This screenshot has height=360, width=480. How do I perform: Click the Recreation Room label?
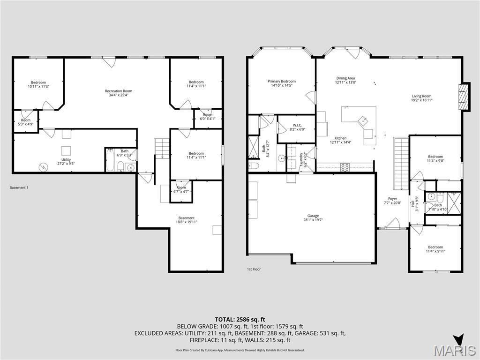pyautogui.click(x=119, y=91)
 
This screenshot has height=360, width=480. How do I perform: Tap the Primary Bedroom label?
pyautogui.click(x=281, y=81)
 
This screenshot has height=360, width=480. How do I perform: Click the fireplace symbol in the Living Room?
pyautogui.click(x=464, y=97)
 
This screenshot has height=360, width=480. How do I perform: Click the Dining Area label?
pyautogui.click(x=345, y=78)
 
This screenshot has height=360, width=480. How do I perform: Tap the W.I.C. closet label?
pyautogui.click(x=297, y=125)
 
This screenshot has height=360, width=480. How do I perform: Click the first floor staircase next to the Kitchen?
pyautogui.click(x=401, y=155)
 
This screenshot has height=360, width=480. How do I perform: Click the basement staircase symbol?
pyautogui.click(x=161, y=148)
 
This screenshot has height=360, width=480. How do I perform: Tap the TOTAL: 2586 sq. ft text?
pyautogui.click(x=240, y=319)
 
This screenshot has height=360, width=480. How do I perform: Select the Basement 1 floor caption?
pyautogui.click(x=19, y=187)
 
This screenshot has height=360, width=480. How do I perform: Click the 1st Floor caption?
pyautogui.click(x=254, y=269)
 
